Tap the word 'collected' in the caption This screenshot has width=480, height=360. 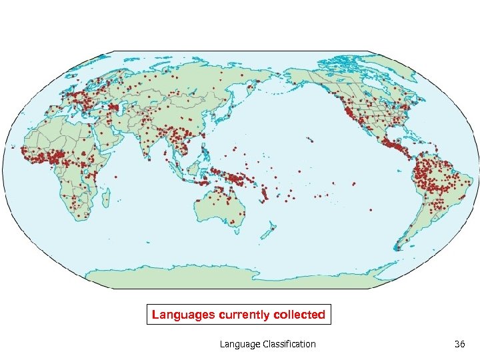click(299, 315)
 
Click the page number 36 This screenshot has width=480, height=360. click(459, 344)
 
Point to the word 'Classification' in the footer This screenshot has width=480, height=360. click(288, 344)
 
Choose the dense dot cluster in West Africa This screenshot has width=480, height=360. click(47, 158)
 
